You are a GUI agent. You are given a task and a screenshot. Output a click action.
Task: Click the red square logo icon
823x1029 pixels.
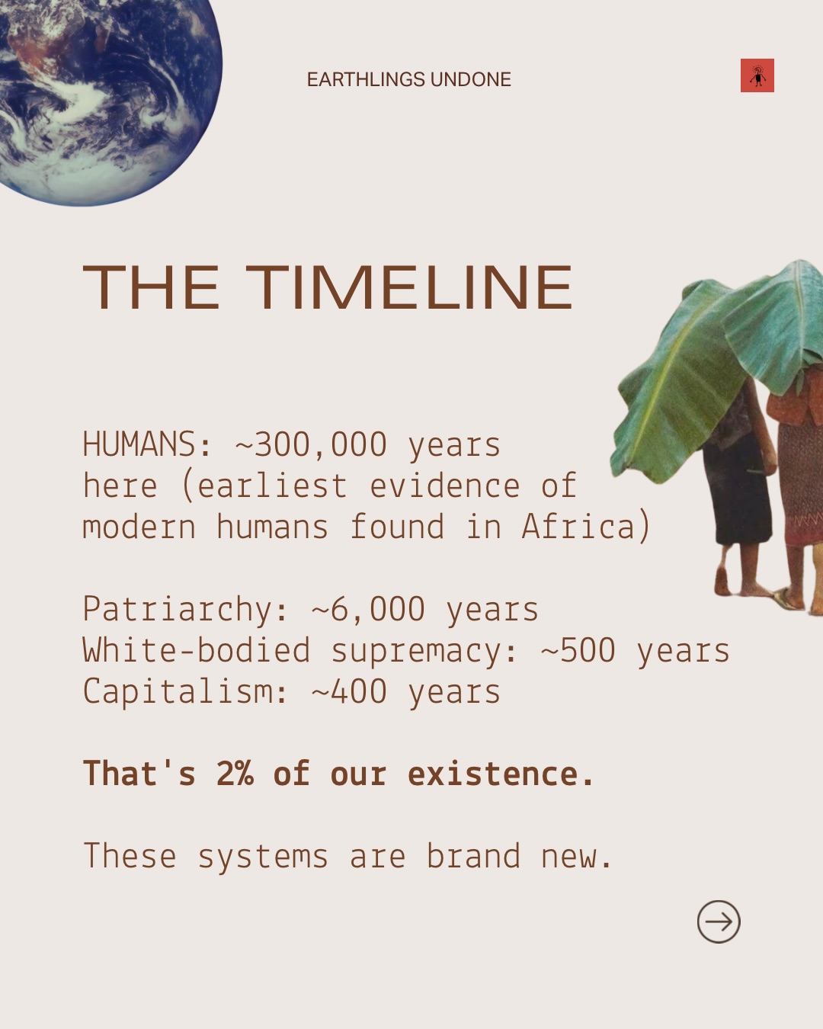(x=757, y=75)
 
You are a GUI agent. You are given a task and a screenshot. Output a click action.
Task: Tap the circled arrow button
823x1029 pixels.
(x=719, y=922)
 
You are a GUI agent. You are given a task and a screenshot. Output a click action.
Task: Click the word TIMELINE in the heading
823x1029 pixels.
(x=409, y=287)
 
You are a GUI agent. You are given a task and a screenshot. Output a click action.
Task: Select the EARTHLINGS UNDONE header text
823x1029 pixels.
(x=409, y=79)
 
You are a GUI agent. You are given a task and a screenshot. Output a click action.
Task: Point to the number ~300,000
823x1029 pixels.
(x=311, y=444)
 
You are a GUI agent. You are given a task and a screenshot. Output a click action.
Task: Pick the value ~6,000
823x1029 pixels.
(x=368, y=610)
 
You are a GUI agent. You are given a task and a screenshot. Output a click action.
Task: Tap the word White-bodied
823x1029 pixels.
(x=197, y=650)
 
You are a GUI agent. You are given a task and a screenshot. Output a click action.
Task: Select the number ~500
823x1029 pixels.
(x=578, y=651)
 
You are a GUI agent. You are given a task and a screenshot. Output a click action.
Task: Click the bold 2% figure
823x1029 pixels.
(x=235, y=774)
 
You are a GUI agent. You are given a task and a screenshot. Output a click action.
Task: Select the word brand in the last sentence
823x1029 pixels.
(x=473, y=856)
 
